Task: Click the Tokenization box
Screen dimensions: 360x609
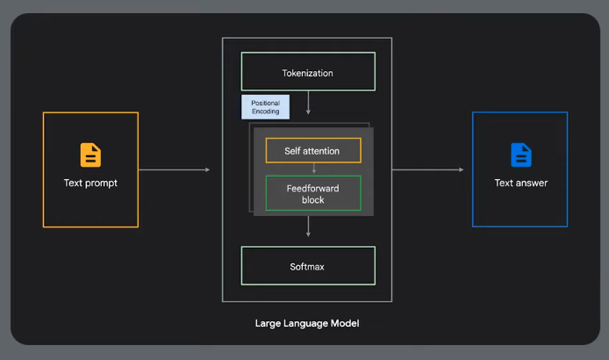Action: click(x=308, y=72)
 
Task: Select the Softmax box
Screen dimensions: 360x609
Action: click(x=308, y=266)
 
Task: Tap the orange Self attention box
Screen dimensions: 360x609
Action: click(x=312, y=151)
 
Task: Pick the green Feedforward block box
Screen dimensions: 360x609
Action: click(x=312, y=194)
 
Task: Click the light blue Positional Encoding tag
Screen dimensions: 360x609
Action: click(x=265, y=108)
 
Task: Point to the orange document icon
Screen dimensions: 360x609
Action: click(x=90, y=155)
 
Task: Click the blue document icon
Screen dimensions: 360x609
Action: click(x=521, y=155)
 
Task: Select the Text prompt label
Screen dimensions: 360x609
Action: click(x=90, y=184)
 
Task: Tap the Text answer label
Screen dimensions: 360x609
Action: click(x=521, y=184)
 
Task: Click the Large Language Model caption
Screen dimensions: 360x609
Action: click(x=307, y=323)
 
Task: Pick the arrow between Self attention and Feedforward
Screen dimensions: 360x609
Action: click(x=313, y=169)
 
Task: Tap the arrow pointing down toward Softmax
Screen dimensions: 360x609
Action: click(x=308, y=227)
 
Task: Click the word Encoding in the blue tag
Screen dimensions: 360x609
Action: click(x=265, y=112)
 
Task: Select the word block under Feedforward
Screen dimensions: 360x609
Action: click(x=313, y=200)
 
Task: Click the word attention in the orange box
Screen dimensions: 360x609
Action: click(x=325, y=151)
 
